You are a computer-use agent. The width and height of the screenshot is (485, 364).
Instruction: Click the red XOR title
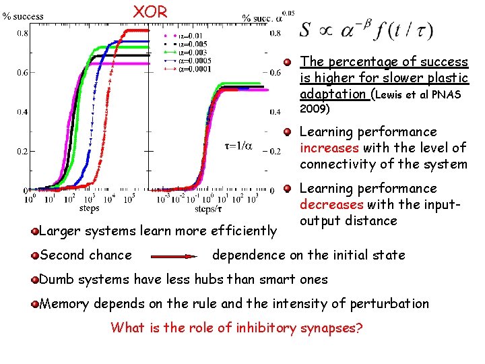145,11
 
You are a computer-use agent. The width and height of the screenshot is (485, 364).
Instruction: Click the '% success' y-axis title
23,16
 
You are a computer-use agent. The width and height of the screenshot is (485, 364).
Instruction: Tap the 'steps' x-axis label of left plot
90,208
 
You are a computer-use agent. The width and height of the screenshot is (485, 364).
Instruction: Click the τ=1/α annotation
238,145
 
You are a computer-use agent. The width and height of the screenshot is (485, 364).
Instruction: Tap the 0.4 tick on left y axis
22,111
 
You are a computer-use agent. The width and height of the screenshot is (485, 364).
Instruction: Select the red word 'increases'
330,148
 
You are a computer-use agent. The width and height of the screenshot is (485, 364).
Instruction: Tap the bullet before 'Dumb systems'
35,279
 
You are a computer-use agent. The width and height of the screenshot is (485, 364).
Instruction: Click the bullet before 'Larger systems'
35,232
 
